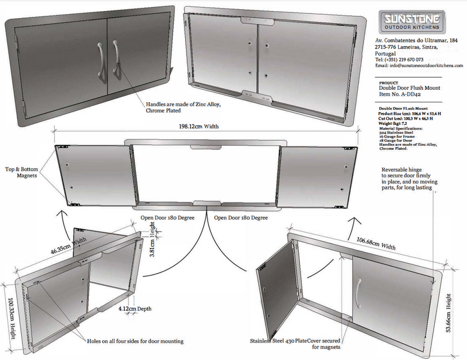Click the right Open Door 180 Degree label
(241, 218)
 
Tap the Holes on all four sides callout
(135, 341)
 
